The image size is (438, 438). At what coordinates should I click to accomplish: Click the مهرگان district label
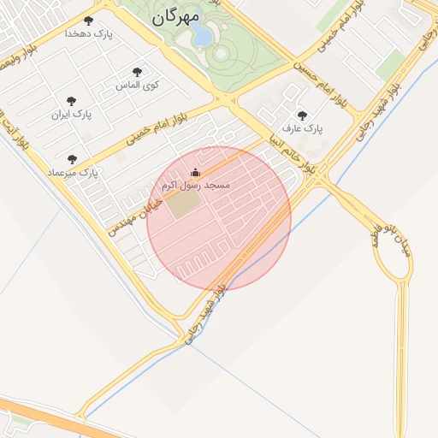176,17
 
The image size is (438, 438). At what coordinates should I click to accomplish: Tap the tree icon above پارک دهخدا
88,21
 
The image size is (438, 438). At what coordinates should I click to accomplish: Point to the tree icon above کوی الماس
137,72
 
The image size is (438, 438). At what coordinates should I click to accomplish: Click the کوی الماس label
138,86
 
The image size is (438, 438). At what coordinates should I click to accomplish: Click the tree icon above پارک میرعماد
72,159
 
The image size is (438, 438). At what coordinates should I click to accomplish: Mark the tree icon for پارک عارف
301,115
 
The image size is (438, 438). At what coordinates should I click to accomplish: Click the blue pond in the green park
202,35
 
